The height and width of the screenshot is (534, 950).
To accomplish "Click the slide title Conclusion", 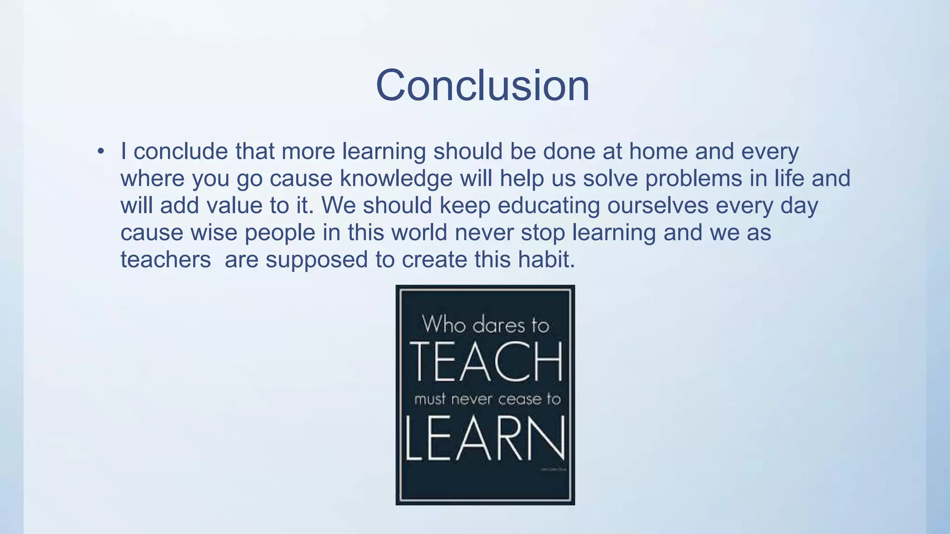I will point(482,85).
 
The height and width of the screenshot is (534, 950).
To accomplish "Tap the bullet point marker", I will point(101,152).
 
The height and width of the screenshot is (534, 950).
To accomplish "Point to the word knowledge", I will point(396,179).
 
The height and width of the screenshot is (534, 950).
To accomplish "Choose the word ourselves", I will point(657,205).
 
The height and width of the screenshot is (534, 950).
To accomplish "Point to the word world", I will point(419,233).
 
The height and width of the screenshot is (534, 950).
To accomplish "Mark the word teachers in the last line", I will point(166,260).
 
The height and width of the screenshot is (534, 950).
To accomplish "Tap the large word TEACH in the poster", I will point(486,362).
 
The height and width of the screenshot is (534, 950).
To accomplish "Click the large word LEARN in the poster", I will point(485,439).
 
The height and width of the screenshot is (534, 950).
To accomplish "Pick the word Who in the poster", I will point(443,324).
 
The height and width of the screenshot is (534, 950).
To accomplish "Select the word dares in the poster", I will point(499,325).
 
